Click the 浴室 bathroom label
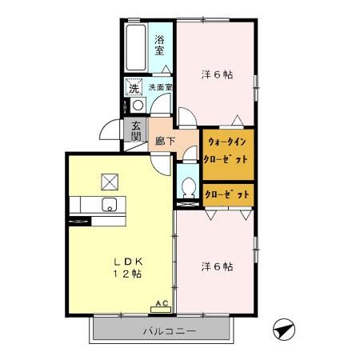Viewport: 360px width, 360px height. [x=159, y=46]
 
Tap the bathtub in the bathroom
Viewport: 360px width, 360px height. [x=136, y=47]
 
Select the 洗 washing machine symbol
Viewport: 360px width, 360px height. [x=134, y=86]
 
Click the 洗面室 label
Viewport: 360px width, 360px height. [x=160, y=87]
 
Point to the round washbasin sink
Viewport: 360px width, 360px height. [x=138, y=105]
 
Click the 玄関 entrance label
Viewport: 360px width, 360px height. [x=136, y=131]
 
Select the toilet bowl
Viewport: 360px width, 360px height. [x=189, y=187]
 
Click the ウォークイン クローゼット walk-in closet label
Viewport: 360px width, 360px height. [x=226, y=150]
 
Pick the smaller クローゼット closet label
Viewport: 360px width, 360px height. [x=227, y=195]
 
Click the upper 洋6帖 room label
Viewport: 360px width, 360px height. [x=217, y=74]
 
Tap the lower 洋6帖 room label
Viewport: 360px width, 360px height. [x=217, y=266]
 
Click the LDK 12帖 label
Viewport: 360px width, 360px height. [x=128, y=268]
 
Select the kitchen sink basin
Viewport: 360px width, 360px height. [x=109, y=205]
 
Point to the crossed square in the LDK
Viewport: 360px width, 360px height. [x=110, y=182]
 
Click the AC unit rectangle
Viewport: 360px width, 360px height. [x=161, y=310]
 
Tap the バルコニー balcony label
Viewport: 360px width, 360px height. [x=170, y=331]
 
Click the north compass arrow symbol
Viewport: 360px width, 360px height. [x=284, y=330]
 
